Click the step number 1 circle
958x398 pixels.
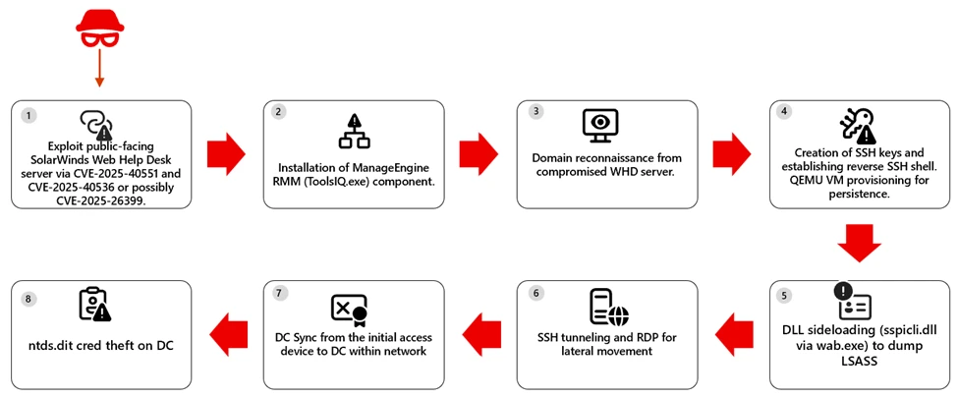(29, 116)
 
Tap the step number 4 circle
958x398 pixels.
(783, 111)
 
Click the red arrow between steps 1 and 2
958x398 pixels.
(226, 154)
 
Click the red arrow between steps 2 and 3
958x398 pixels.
(479, 154)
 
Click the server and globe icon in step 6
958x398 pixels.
(605, 308)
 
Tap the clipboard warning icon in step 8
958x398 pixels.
(95, 306)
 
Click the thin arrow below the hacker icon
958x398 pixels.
(98, 69)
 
